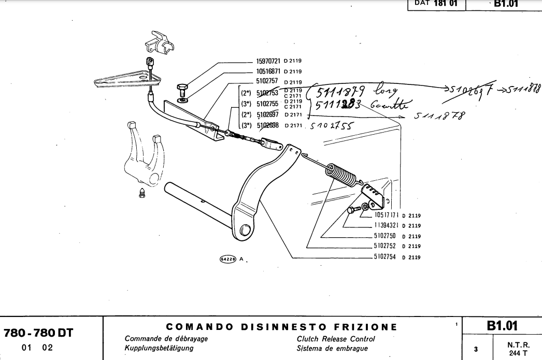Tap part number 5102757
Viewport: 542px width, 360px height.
(x=268, y=81)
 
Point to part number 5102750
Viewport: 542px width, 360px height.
(x=384, y=236)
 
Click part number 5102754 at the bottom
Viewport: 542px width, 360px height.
(x=384, y=257)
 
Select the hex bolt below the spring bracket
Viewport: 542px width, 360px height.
(x=353, y=210)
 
